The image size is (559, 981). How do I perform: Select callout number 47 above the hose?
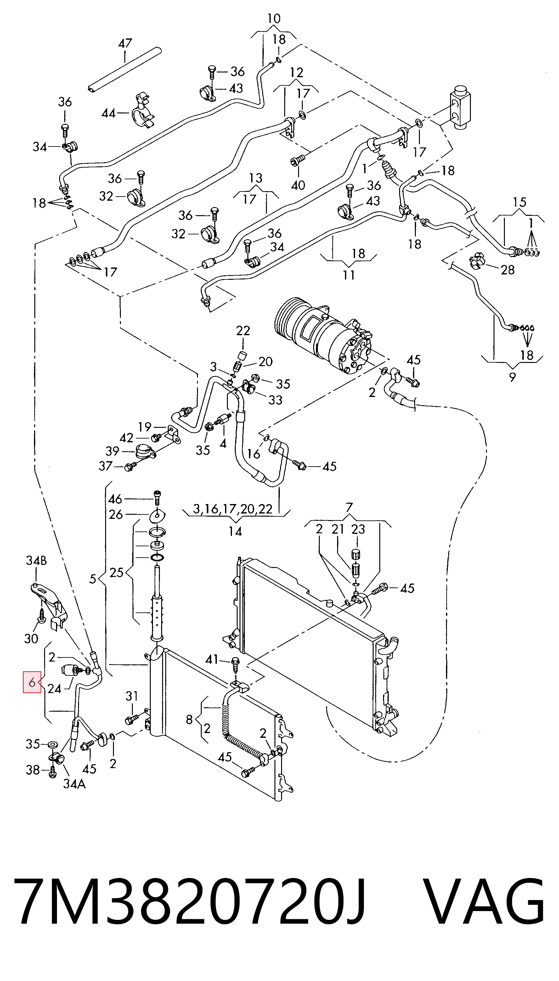point(125,43)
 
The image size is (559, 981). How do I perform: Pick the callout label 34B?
point(37,561)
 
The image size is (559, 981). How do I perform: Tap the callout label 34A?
point(74,784)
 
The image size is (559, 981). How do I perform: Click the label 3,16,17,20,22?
point(233,509)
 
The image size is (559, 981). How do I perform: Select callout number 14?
point(235,531)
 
